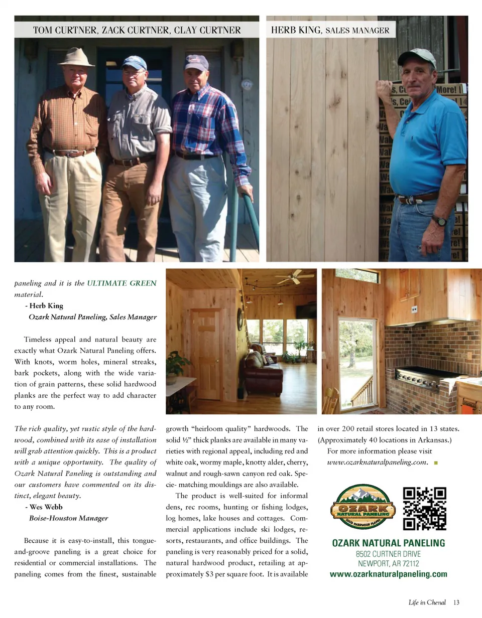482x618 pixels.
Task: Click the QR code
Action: tap(424, 509)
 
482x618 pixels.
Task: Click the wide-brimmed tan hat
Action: tap(76, 57)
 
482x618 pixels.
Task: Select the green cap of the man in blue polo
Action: tap(416, 57)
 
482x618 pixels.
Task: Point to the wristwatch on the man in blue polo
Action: tap(439, 220)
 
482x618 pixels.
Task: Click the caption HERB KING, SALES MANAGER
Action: tap(330, 30)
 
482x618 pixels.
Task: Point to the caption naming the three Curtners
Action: tap(137, 30)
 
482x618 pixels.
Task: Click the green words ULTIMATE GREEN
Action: tap(122, 283)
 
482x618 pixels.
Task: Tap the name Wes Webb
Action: tap(46, 507)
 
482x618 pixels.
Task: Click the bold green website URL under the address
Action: tap(389, 574)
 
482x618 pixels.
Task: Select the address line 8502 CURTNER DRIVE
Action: tap(389, 554)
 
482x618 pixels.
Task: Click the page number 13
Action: tap(456, 602)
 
